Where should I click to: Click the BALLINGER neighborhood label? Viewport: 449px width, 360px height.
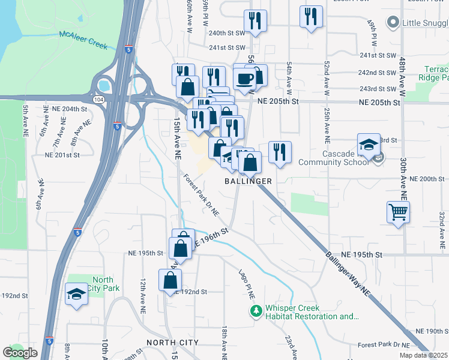point(249,181)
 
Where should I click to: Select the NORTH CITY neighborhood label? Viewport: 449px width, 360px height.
point(172,342)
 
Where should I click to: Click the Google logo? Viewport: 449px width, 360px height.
point(20,353)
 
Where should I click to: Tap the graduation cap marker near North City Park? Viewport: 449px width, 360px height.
point(76,295)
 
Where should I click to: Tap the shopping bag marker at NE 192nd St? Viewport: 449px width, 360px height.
point(170,280)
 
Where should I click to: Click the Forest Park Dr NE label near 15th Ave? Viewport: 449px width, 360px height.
point(201,196)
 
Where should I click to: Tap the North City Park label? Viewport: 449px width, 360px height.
point(103,284)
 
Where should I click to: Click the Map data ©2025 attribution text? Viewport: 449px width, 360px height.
point(423,355)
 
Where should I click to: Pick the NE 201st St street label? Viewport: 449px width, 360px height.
point(62,154)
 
